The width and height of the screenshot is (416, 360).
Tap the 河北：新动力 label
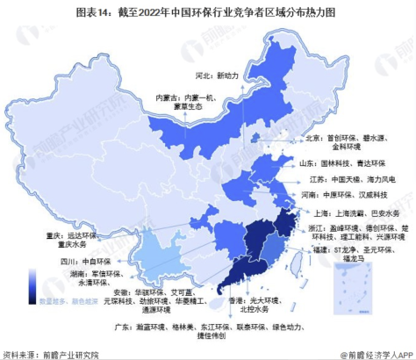click(x=219, y=76)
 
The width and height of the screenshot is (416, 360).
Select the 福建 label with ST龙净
click(x=362, y=256)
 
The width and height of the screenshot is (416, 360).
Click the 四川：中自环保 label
click(x=69, y=261)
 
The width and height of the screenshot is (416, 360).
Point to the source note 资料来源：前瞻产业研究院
click(x=51, y=353)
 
